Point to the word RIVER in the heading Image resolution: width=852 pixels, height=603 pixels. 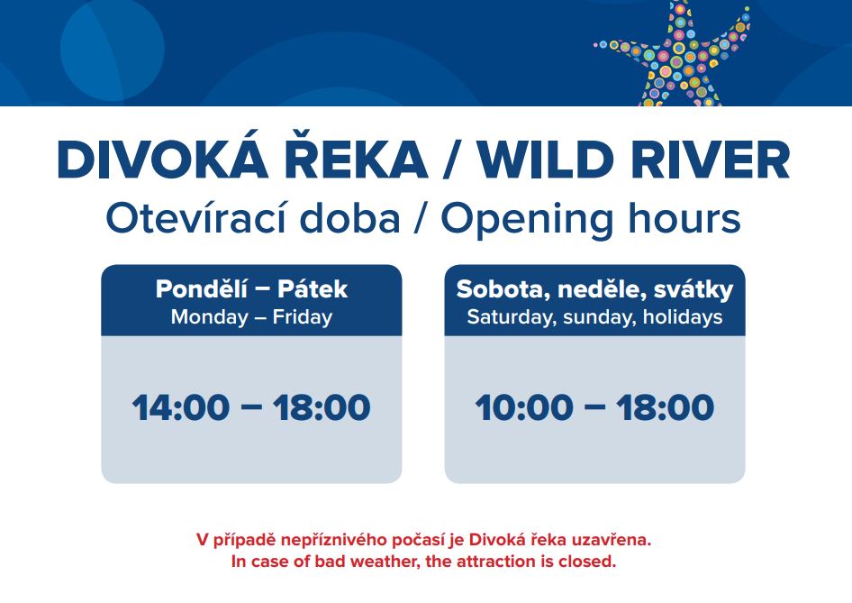[x=711, y=160]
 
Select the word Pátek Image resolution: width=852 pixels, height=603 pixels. [x=313, y=288]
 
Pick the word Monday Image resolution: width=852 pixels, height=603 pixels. [x=210, y=317]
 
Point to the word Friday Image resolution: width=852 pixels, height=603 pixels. [x=302, y=316]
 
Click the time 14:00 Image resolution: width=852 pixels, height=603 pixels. [x=181, y=407]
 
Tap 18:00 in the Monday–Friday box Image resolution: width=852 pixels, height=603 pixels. [x=322, y=407]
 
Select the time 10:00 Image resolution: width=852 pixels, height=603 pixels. [x=524, y=407]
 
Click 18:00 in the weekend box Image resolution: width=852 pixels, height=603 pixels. [x=665, y=407]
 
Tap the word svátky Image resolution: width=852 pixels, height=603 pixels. [x=693, y=290]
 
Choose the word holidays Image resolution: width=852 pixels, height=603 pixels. [x=683, y=317]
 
